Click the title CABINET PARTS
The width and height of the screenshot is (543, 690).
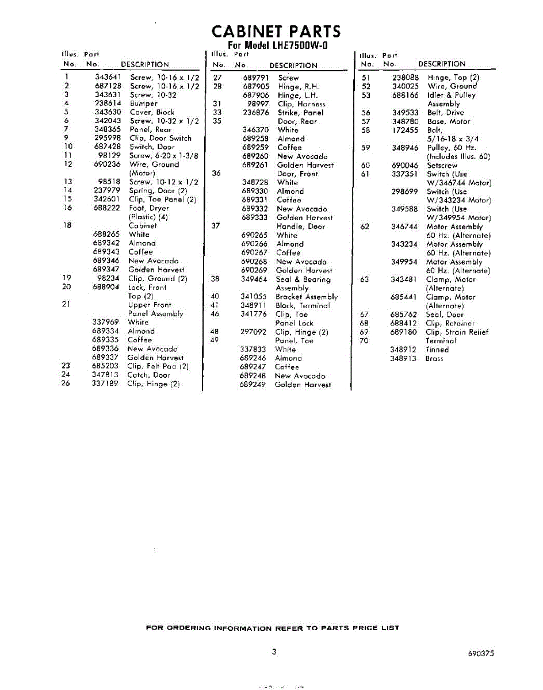coord(276,31)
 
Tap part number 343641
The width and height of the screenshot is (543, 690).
coord(108,77)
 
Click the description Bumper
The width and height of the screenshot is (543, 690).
coord(143,103)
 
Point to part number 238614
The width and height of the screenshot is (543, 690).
coord(108,103)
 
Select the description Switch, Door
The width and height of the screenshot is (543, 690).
coord(152,147)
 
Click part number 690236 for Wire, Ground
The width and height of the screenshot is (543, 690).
coord(108,164)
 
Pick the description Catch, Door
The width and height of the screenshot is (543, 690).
coord(148,375)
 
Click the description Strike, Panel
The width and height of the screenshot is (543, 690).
coord(300,113)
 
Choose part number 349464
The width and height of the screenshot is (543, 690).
coord(254,279)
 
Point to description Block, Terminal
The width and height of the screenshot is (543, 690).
coord(303,306)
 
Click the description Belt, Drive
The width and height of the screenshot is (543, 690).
coord(445,113)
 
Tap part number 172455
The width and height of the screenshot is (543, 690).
coord(405,130)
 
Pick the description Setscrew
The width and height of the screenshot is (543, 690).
coord(442,165)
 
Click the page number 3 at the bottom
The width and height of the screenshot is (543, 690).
coord(274,652)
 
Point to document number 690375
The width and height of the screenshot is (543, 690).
coord(481,654)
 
